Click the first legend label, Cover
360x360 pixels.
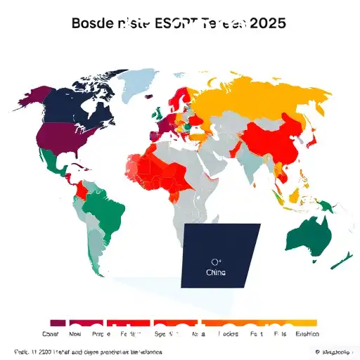pos(51,335)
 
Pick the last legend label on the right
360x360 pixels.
pos(306,335)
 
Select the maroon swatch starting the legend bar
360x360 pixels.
pos(58,323)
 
